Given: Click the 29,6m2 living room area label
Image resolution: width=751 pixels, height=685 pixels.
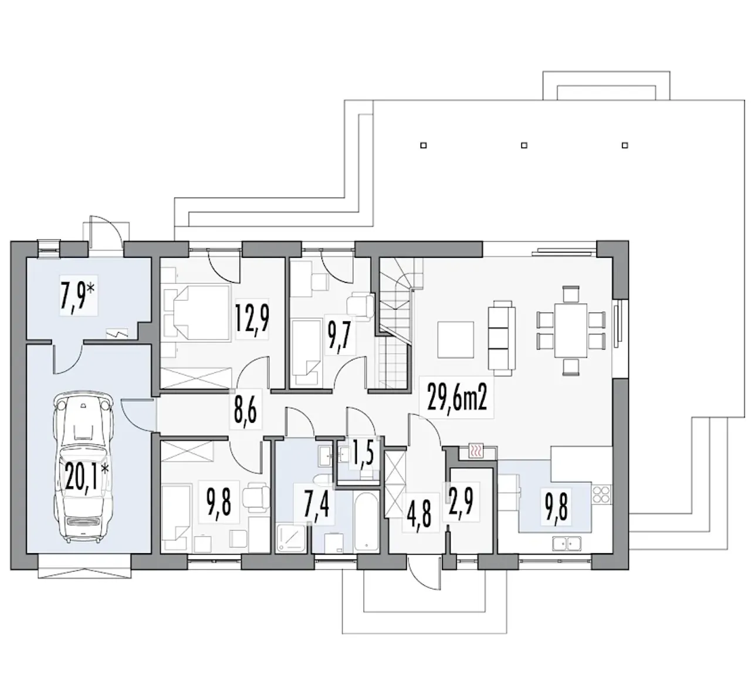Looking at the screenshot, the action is click(456, 397).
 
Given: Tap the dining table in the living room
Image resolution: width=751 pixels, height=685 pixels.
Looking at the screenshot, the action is click(570, 331).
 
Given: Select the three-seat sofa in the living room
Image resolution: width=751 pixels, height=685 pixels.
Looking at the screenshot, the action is click(502, 335).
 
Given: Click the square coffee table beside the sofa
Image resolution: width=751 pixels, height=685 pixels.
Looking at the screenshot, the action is click(456, 340).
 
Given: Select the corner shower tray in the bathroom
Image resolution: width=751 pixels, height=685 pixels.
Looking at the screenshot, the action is click(290, 538).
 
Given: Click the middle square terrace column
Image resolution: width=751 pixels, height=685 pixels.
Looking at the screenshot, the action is click(524, 145).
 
